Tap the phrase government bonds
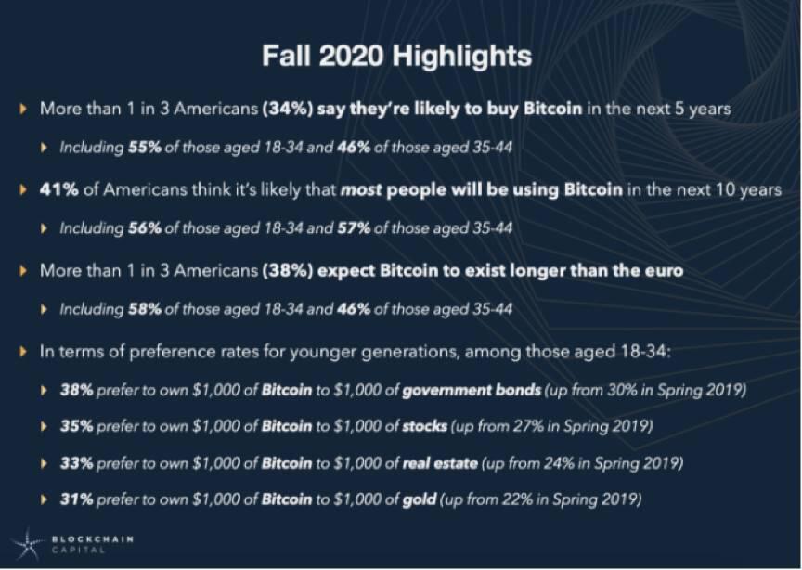point(472,391)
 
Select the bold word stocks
point(425,426)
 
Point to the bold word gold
point(420,499)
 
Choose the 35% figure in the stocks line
point(76,426)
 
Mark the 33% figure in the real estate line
point(76,462)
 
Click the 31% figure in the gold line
point(76,499)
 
